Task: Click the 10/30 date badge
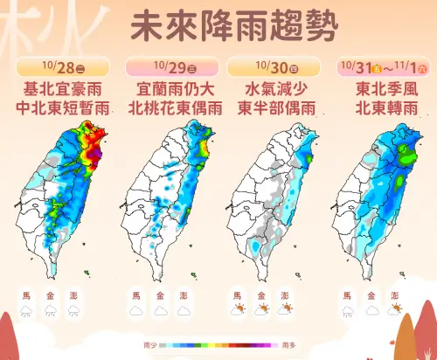click(271, 67)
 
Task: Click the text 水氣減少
click(271, 89)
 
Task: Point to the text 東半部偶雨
click(271, 108)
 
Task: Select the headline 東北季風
click(380, 89)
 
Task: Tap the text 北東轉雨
click(380, 108)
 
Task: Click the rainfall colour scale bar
click(218, 345)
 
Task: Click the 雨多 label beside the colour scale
click(288, 345)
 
